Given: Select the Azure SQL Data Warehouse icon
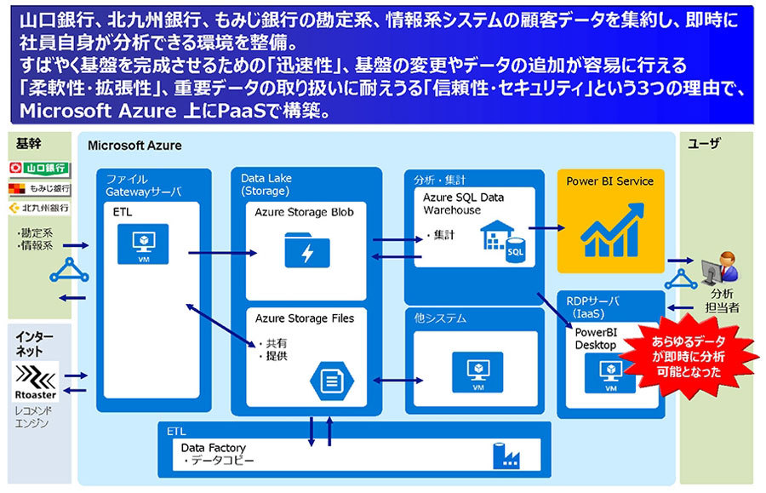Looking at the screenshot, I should pyautogui.click(x=502, y=241).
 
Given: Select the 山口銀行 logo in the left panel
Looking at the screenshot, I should pyautogui.click(x=40, y=167).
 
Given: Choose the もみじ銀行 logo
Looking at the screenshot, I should pyautogui.click(x=40, y=188).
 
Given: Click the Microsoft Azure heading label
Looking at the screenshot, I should pyautogui.click(x=134, y=146).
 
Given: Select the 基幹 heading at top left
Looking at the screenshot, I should pyautogui.click(x=27, y=142).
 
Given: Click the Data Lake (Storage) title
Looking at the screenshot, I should pyautogui.click(x=269, y=185).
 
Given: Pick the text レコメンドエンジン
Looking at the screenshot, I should pyautogui.click(x=33, y=417).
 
